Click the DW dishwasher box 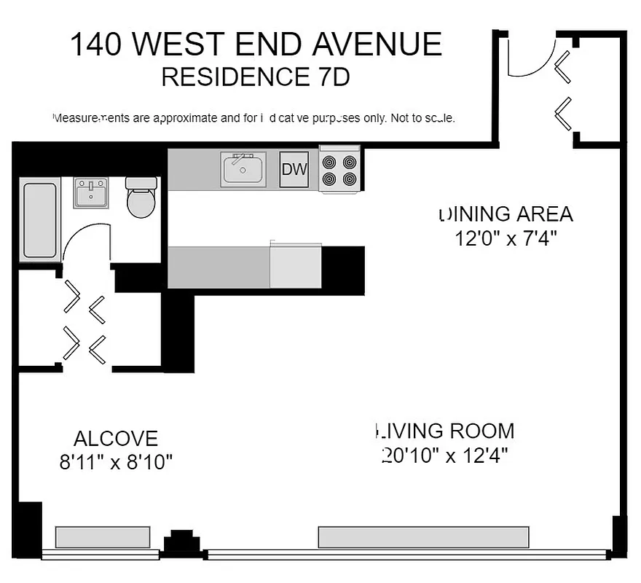(294, 170)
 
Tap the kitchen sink (244, 169)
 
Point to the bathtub (40, 221)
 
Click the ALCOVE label (115, 439)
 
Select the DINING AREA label (506, 214)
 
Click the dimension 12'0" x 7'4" (506, 238)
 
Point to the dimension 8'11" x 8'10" (116, 462)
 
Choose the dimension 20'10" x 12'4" (444, 455)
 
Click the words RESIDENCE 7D (255, 77)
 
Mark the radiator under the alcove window (103, 537)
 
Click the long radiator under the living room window (423, 537)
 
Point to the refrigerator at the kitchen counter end (295, 267)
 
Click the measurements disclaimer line (255, 117)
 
